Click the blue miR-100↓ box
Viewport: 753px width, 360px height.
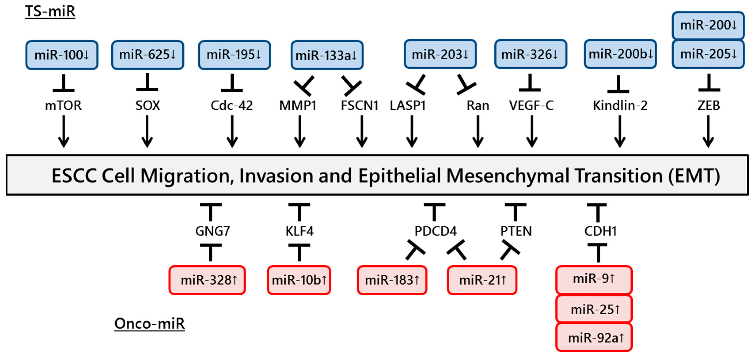pos(62,55)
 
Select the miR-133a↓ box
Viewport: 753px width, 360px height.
pos(327,55)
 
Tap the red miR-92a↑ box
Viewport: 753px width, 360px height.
pos(594,337)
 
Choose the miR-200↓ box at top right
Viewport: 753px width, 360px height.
pos(708,25)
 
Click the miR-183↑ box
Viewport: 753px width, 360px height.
pos(392,280)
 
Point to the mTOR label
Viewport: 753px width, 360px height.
pos(63,106)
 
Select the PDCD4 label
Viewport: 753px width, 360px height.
pos(435,231)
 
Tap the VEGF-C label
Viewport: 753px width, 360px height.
pos(531,106)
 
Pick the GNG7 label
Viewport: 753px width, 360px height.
pos(212,231)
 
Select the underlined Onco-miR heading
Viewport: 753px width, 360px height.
pos(149,324)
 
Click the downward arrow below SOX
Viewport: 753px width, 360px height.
pos(147,132)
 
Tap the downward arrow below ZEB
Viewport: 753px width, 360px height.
pos(708,132)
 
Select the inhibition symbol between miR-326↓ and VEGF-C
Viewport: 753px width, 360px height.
pos(530,83)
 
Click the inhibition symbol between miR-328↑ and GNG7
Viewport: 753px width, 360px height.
pos(210,252)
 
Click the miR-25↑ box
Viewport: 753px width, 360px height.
pos(594,309)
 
